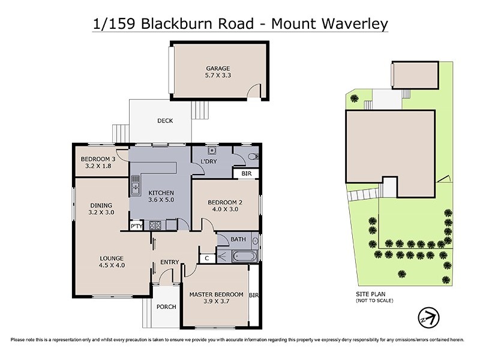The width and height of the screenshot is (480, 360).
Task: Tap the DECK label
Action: [x=165, y=121]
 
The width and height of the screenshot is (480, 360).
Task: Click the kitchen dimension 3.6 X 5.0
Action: [x=161, y=200]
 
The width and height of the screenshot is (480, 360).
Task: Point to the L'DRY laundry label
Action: [x=209, y=162]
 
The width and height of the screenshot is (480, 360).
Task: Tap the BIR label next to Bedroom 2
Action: [x=246, y=173]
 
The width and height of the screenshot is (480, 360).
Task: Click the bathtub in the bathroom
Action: [x=244, y=256]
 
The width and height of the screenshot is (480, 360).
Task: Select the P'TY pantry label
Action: [x=136, y=226]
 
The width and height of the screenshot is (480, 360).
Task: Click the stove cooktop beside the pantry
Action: [x=155, y=226]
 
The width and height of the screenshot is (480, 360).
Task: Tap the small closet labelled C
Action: [x=207, y=258]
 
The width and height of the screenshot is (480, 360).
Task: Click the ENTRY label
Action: [x=170, y=262]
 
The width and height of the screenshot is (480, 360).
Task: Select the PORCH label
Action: [x=166, y=307]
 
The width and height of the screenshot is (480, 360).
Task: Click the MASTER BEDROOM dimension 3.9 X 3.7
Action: [x=216, y=302]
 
